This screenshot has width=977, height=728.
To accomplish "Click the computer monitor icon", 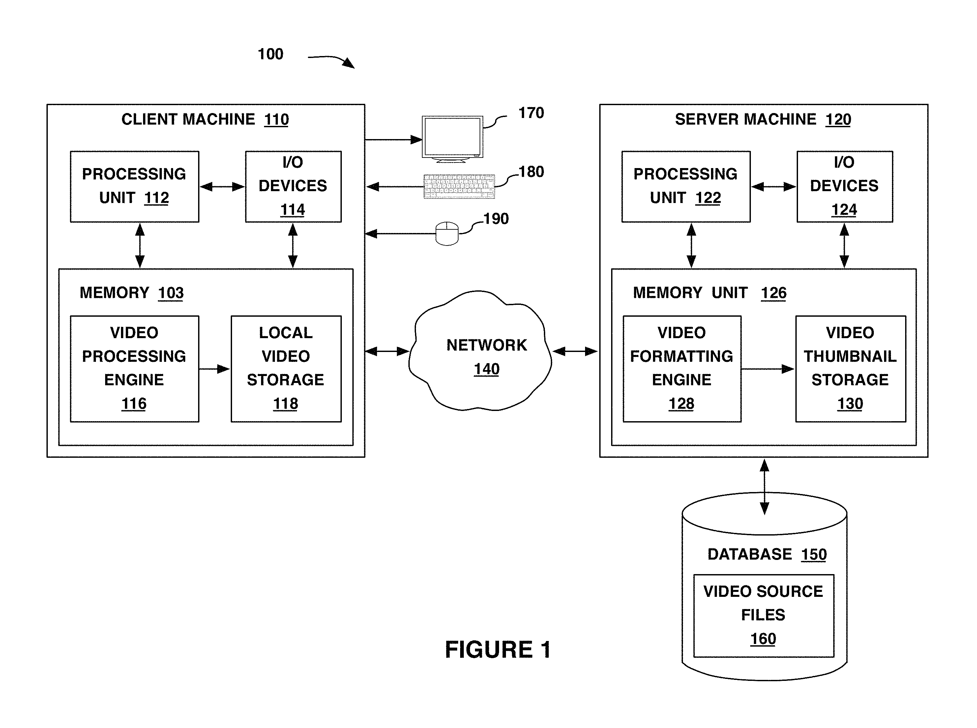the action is [453, 139].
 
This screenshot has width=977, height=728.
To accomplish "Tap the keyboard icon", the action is [459, 187].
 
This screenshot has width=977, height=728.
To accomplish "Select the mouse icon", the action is [447, 233].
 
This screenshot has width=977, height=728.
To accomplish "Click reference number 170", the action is [531, 113].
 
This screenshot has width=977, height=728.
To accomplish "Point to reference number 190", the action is [496, 218].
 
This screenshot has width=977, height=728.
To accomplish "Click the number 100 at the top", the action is [270, 54].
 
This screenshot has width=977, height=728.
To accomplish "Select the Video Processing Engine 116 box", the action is [134, 369].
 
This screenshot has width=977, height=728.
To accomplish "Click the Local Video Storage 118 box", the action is [286, 369].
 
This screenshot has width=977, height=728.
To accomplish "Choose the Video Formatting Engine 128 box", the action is [682, 369].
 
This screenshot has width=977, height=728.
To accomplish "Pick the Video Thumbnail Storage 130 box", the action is [850, 369].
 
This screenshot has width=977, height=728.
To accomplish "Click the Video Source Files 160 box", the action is [764, 616].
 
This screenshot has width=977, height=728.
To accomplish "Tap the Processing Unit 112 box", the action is [134, 187].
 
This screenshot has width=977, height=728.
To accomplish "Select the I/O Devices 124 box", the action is [845, 187].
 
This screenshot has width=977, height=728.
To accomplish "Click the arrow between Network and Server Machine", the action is [575, 351].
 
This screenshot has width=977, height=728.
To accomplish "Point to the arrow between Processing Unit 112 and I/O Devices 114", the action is [222, 187].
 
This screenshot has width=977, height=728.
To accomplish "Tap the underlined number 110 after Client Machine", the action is [276, 119].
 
